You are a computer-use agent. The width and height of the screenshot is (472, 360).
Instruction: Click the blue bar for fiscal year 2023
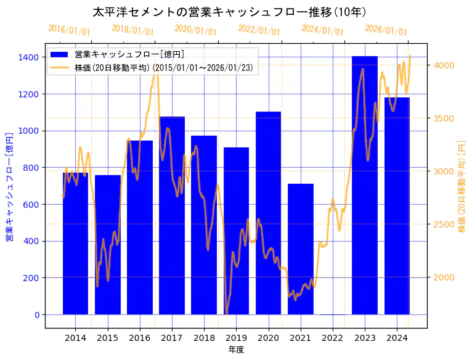point(365,185)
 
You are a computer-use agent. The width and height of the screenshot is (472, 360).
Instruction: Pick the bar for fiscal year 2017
point(172,215)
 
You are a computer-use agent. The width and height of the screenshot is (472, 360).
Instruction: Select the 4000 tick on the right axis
point(444,65)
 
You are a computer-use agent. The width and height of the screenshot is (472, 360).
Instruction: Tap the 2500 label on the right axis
point(444,224)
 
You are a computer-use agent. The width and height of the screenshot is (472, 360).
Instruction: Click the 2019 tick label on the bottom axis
point(236,338)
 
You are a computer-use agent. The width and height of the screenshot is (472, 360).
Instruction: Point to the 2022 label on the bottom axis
point(332,338)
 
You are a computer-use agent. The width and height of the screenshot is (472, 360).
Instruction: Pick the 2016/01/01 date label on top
point(69,30)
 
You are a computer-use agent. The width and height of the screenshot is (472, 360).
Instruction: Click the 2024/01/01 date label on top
point(322,30)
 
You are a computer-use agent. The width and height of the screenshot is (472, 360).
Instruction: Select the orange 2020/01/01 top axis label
point(195,30)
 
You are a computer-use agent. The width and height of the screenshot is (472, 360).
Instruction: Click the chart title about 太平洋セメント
point(229,12)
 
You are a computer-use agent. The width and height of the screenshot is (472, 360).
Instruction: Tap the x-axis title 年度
point(236,350)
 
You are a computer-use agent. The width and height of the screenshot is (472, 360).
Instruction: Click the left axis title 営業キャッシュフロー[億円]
point(10,186)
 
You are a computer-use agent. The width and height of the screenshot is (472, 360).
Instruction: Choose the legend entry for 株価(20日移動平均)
point(163,67)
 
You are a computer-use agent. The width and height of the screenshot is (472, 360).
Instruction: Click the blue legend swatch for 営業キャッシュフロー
point(60,55)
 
